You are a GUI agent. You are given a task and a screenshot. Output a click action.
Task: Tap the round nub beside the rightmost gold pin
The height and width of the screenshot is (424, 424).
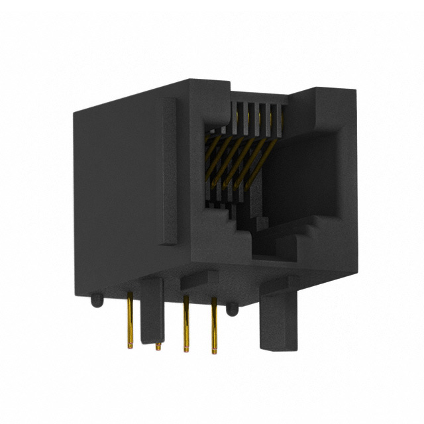[231, 309]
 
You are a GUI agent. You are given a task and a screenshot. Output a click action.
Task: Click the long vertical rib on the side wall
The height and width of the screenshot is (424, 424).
[170, 172]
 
